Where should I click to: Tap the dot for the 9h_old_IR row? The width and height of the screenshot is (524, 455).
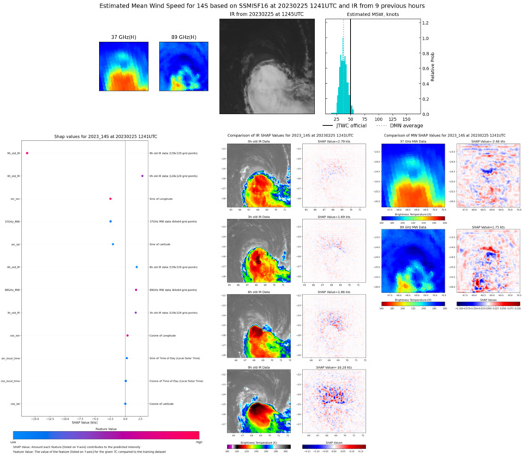(x=27, y=154)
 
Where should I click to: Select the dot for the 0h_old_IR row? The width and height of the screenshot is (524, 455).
(x=142, y=176)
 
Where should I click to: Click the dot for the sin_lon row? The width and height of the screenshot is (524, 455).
(x=110, y=199)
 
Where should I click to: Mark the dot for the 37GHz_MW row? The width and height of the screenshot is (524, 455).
(x=110, y=222)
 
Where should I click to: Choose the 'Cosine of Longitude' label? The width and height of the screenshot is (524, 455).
(x=164, y=335)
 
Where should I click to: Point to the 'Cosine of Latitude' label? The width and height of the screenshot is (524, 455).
(x=163, y=403)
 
